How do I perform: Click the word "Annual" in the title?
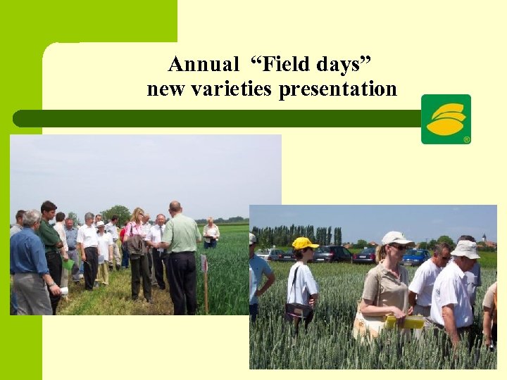[x=204, y=65]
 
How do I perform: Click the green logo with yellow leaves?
[x=446, y=118]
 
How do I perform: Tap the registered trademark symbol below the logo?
[x=466, y=140]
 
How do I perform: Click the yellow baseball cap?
[x=304, y=243]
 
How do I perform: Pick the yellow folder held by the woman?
[x=404, y=322]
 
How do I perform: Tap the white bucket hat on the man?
[x=465, y=249]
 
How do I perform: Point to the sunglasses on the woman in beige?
[x=399, y=247]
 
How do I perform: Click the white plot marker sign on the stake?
[x=204, y=263]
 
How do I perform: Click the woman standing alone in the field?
[x=211, y=233]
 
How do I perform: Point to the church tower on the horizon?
[x=485, y=239]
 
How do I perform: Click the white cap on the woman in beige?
[x=396, y=238]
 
